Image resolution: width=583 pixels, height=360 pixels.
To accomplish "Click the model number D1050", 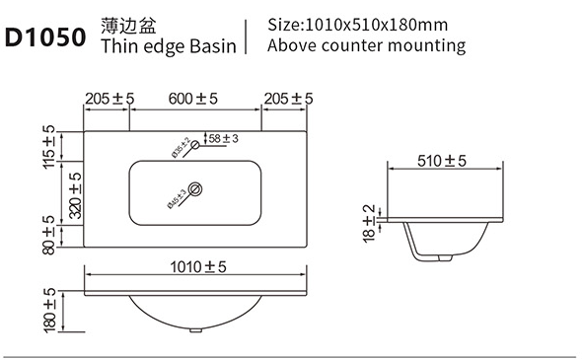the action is tap(45, 37).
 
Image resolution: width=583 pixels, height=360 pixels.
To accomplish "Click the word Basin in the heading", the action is tap(213, 46).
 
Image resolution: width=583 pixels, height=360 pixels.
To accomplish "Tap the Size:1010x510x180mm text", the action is tap(358, 25).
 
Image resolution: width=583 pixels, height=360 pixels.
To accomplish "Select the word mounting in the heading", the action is tap(426, 45).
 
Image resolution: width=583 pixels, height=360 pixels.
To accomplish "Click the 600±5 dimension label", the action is tap(192, 99).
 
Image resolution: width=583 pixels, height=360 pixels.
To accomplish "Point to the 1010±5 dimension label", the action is tap(198, 266).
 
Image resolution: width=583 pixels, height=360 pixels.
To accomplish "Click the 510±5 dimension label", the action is tap(441, 161).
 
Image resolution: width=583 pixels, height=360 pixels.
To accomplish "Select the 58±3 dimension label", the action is tap(223, 139).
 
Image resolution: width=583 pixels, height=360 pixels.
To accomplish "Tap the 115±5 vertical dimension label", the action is tap(48, 147).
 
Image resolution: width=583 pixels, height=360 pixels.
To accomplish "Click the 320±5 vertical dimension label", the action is tap(76, 195).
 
